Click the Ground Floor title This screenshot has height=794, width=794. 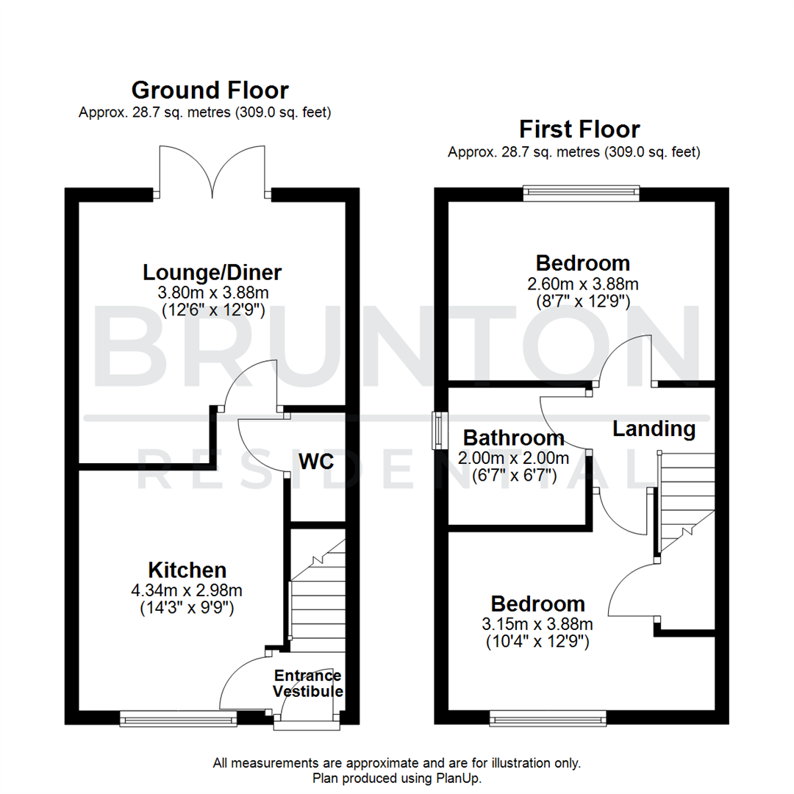click(210, 90)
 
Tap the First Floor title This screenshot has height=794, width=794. click(579, 129)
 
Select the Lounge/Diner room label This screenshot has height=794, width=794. click(212, 273)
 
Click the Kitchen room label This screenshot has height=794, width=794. click(187, 570)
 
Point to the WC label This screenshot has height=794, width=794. click(317, 462)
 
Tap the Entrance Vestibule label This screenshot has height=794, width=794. click(308, 684)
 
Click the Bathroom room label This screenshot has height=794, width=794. click(513, 439)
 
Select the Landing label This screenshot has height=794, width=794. click(654, 428)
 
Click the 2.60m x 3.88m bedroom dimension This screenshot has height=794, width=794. click(582, 283)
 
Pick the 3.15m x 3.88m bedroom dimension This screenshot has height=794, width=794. click(538, 624)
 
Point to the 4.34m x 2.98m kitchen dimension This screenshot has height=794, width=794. click(187, 590)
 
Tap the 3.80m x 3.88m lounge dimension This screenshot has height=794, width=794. click(212, 292)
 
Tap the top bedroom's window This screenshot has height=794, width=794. click(581, 193)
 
